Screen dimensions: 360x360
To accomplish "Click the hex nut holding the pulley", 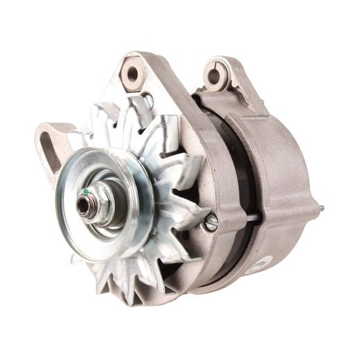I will coord(96,204).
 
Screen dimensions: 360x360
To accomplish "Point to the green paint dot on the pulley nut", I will coord(85,192).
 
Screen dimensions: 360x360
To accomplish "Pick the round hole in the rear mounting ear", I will coord(216,75).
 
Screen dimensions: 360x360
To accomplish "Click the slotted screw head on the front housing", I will coord(211,222).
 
